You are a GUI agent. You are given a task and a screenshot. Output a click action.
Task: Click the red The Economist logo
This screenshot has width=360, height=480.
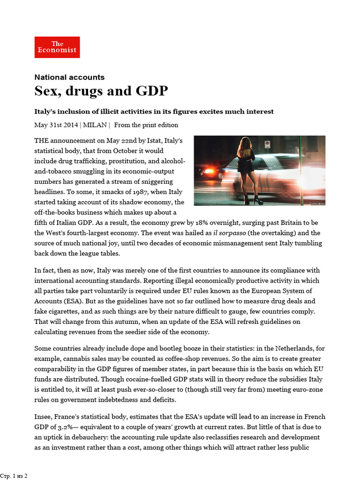(57, 47)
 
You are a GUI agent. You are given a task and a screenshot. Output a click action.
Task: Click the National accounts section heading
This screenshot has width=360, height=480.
(69, 77)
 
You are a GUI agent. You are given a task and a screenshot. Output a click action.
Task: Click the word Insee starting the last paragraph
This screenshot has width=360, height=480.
(44, 417)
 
